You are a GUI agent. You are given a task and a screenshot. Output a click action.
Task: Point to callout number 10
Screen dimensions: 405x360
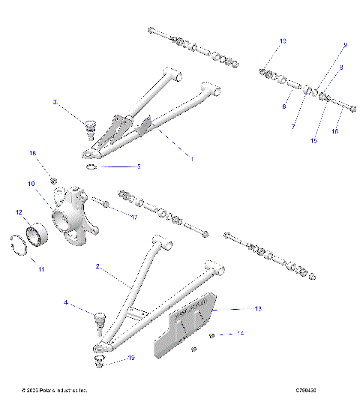coord(32,184)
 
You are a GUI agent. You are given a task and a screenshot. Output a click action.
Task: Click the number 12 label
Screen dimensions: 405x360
coord(19,212)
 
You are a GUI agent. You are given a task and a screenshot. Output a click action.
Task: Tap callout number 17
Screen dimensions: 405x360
coord(134,217)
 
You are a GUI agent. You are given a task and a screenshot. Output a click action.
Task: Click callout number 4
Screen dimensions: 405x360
coord(65,303)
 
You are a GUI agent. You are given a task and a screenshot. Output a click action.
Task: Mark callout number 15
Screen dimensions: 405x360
coord(313,140)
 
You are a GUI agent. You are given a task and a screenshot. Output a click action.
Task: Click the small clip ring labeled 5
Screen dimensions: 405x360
coord(91,167)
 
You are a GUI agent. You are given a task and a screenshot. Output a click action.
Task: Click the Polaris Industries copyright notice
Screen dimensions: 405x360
coord(55,391)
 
